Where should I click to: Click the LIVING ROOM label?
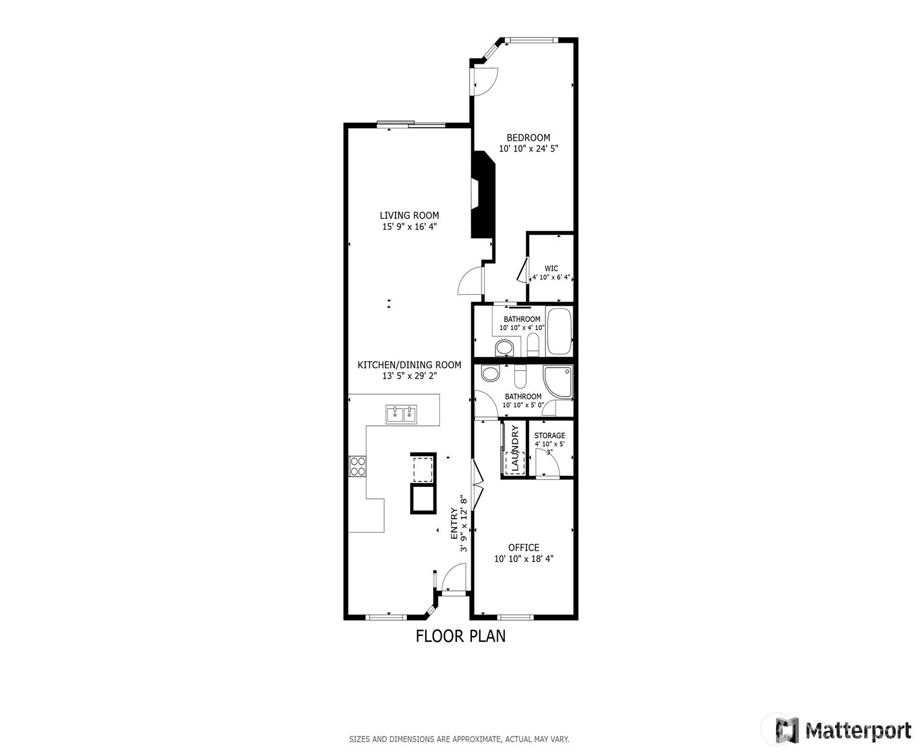pos(409,215)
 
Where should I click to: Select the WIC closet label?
pos(551,268)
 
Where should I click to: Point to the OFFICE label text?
pos(524,548)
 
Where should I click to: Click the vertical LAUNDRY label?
pos(515,448)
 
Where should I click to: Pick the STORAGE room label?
pos(550,435)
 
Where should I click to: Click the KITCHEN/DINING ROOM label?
pos(409,365)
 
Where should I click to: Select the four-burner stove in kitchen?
pos(357,466)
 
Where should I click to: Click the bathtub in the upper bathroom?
pos(559,331)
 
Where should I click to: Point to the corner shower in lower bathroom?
pos(557,382)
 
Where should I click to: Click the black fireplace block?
pos(483,195)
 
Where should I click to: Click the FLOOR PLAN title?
pos(460,636)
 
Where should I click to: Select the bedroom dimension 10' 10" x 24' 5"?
pos(529,149)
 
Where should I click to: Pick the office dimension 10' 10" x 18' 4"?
pos(524,559)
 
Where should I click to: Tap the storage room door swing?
pos(547,463)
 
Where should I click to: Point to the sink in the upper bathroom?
pos(504,348)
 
